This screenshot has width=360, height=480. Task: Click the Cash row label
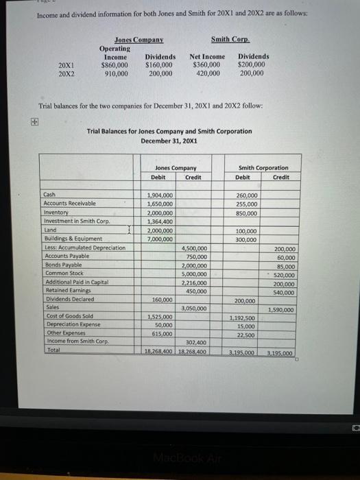pyautogui.click(x=49, y=195)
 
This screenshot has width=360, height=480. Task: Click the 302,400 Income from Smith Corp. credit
pyautogui.click(x=196, y=341)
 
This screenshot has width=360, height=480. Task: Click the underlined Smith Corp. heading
pyautogui.click(x=230, y=40)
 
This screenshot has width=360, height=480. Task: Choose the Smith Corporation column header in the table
pyautogui.click(x=263, y=167)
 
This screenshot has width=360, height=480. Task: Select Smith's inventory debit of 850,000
pyautogui.click(x=246, y=213)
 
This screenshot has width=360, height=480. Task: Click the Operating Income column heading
pyautogui.click(x=115, y=53)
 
